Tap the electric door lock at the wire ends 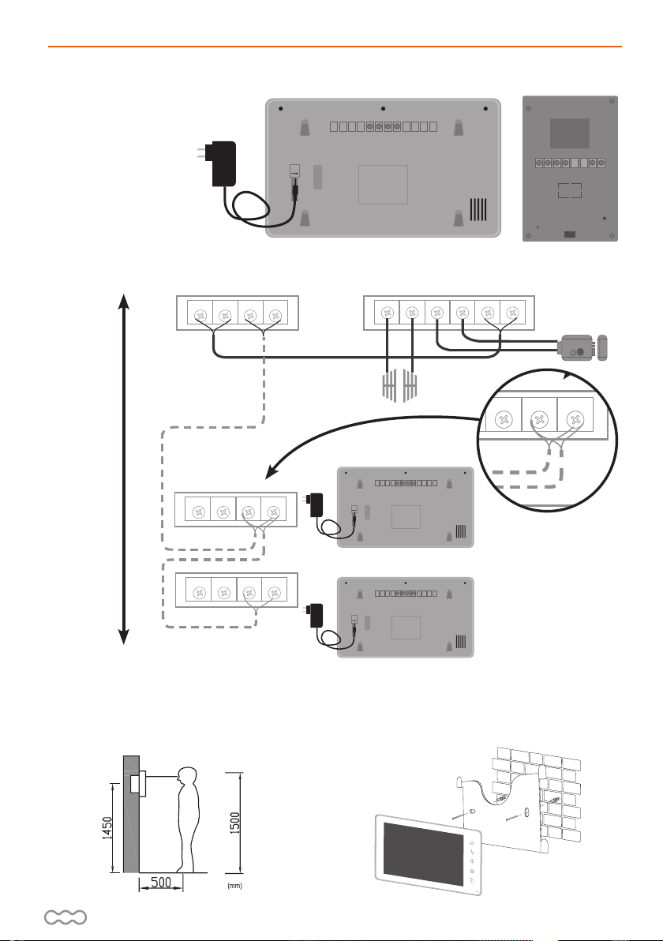point(575,348)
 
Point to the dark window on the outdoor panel point(569,135)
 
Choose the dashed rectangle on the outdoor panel point(568,190)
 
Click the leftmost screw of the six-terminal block point(387,313)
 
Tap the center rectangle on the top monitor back point(382,185)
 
